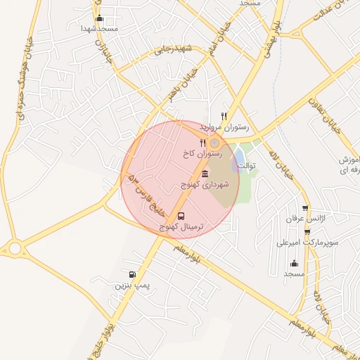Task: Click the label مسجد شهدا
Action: (98, 28)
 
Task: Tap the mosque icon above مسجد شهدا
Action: (98, 18)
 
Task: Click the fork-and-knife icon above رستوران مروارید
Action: (224, 116)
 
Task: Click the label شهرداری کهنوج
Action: (203, 184)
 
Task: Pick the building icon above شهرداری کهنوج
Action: (205, 174)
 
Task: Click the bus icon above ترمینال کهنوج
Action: (182, 216)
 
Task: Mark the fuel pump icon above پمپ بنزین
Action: (131, 274)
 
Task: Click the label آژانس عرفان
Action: (303, 219)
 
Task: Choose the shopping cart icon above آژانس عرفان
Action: (305, 208)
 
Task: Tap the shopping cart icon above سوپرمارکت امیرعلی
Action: (304, 231)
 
